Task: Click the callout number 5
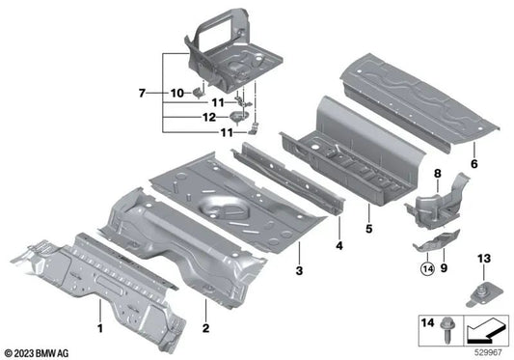click(370, 231)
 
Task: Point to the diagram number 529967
click(491, 351)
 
